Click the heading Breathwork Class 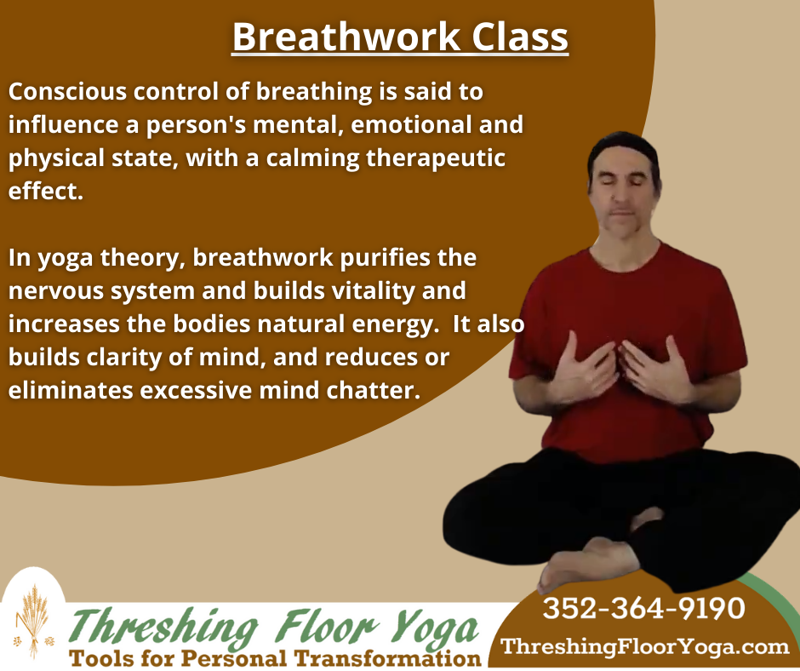click(x=399, y=37)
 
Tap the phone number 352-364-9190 click(x=643, y=608)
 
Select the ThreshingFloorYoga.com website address click(x=645, y=646)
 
